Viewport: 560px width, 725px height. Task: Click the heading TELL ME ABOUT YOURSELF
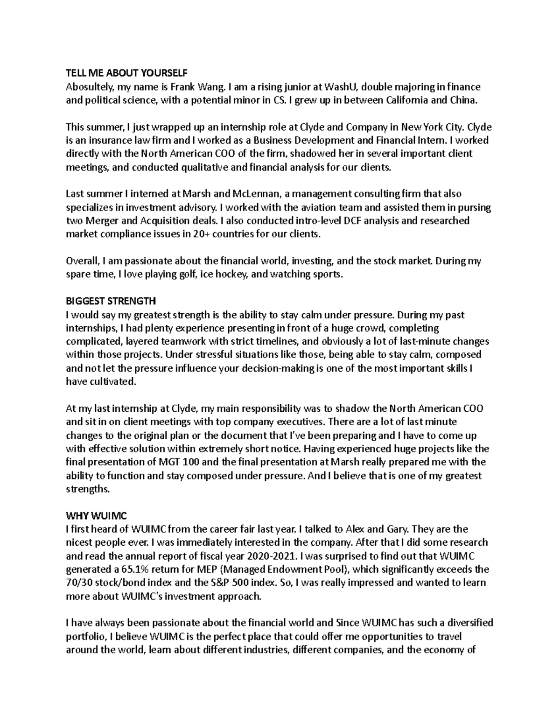(126, 73)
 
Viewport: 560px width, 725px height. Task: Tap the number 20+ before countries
(202, 234)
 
